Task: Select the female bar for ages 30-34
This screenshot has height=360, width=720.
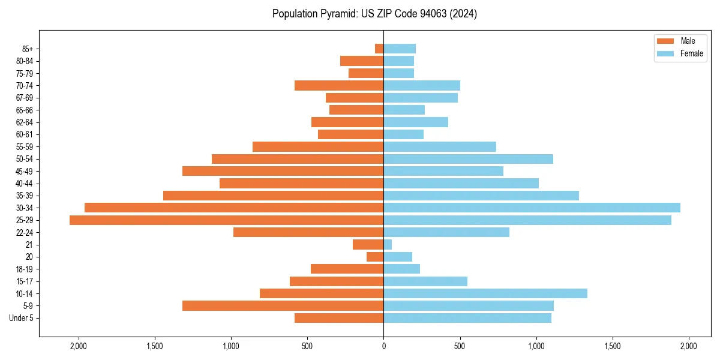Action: coord(532,208)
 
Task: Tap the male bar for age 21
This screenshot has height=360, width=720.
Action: coord(368,245)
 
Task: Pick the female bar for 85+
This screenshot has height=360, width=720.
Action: coord(400,49)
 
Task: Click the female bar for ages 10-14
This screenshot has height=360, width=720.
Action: coord(485,293)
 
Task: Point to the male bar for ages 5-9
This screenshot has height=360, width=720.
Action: coord(283,306)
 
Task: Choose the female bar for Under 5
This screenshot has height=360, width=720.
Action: coord(467,318)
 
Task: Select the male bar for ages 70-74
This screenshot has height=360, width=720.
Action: coord(339,86)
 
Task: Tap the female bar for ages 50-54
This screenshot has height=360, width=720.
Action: coord(468,159)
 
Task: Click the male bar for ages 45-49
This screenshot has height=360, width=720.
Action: coord(283,171)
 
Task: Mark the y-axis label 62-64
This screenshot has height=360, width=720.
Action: coord(25,122)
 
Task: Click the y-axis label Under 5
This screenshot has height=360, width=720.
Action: coord(22,318)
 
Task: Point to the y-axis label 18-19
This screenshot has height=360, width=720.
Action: coord(25,269)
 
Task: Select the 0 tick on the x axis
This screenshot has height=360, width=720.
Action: coord(383,346)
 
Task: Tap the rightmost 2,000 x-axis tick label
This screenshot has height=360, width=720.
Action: coord(688,346)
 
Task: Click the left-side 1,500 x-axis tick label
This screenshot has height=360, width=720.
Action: coord(155,346)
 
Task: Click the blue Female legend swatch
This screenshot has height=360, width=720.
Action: coord(666,53)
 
